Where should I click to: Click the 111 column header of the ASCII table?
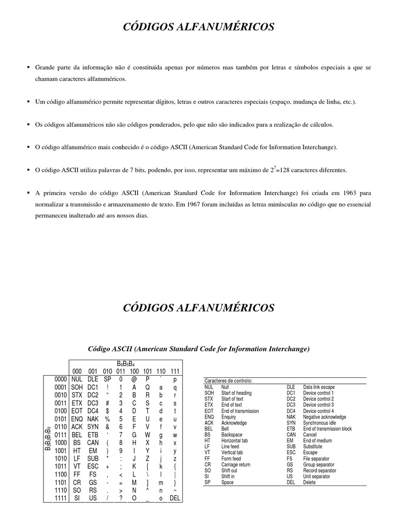coord(175,371)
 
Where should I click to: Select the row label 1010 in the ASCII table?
coord(61,458)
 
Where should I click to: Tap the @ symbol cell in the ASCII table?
coord(134,379)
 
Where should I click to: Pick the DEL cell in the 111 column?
coord(175,498)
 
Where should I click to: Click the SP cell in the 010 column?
coord(107,379)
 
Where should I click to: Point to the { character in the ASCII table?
coord(175,466)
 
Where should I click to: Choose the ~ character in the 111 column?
coord(175,490)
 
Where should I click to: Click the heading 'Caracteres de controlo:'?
coord(228,380)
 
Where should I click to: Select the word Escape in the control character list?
coord(310,452)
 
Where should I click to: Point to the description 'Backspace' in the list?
coord(232,435)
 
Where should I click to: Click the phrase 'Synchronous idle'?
coord(320,423)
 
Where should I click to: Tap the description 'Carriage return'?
coord(236,465)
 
